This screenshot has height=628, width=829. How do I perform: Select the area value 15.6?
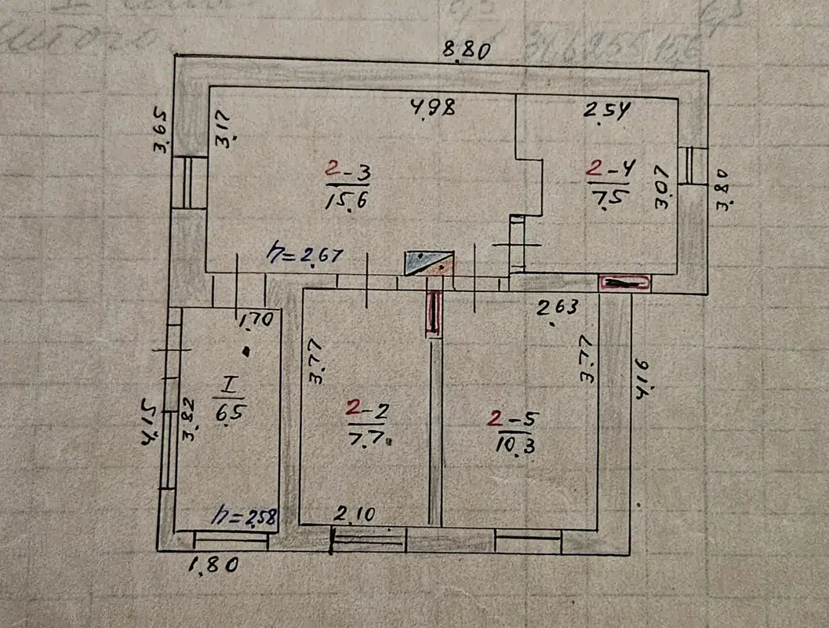tap(347, 199)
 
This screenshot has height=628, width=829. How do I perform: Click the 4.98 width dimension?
tap(432, 108)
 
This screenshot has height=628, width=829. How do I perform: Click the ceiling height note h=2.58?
tap(245, 517)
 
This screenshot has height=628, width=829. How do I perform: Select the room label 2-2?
tap(366, 408)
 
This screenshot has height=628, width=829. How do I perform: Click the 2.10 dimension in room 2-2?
tap(355, 514)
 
